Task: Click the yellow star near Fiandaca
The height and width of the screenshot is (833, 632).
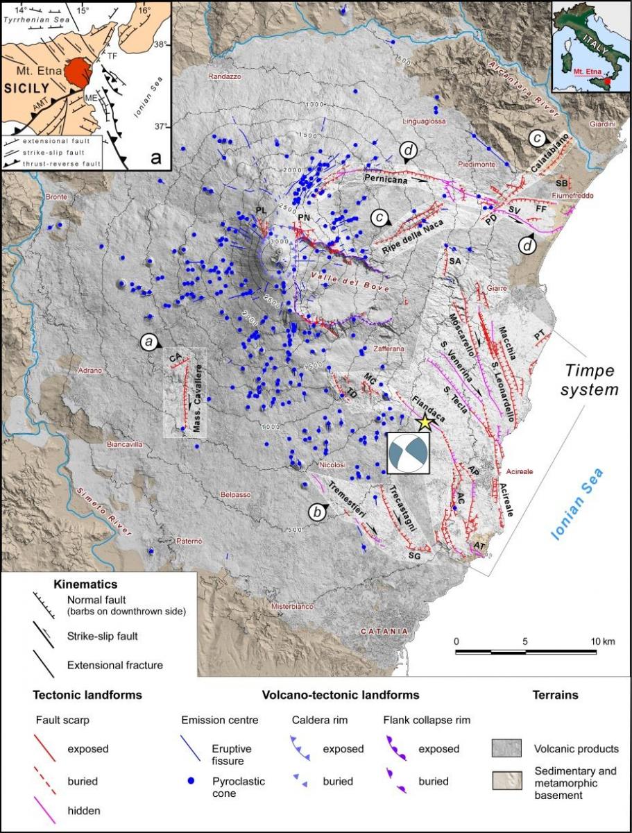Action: coord(424,421)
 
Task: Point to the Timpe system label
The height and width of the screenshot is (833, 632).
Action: coord(590,379)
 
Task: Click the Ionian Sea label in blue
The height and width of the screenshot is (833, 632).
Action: coord(577,504)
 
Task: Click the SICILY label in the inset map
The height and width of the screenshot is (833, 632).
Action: coord(28,89)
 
